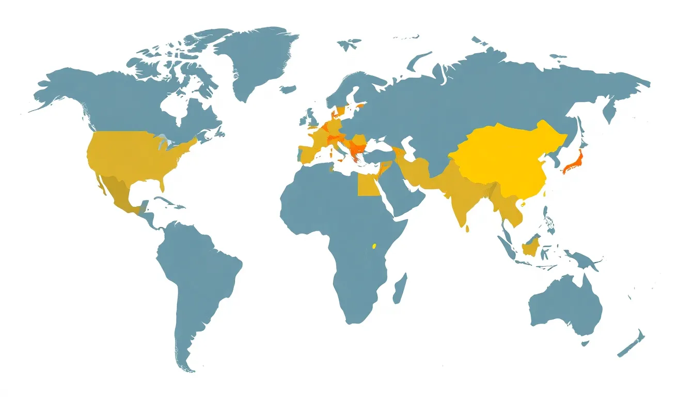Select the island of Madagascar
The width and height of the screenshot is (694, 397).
click(400, 288)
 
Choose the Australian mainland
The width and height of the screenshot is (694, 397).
click(565, 305)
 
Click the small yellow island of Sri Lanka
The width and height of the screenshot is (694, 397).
click(467, 228)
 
